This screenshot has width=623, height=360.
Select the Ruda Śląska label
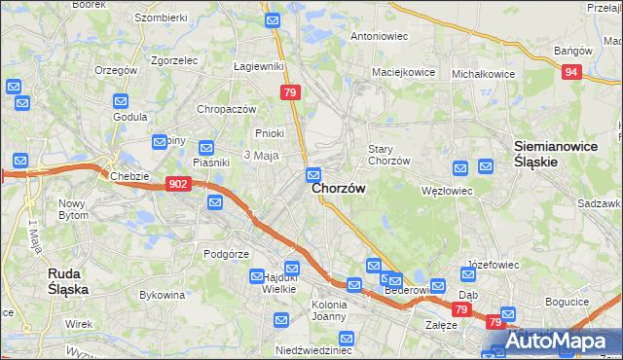coord(69,281)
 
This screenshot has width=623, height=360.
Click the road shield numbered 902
coord(177,184)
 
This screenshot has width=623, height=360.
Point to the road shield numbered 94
coord(572,72)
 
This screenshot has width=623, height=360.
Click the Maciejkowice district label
coord(401,72)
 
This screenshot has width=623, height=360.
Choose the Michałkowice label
coord(483,74)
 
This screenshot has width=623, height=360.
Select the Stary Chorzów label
coord(387,155)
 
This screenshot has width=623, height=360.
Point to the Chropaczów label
coord(226,109)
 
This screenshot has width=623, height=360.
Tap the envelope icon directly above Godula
coord(121,101)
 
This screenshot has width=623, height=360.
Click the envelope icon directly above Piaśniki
coord(205,148)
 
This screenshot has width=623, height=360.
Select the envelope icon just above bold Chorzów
coord(313,175)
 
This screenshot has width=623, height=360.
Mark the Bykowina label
coord(163,294)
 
